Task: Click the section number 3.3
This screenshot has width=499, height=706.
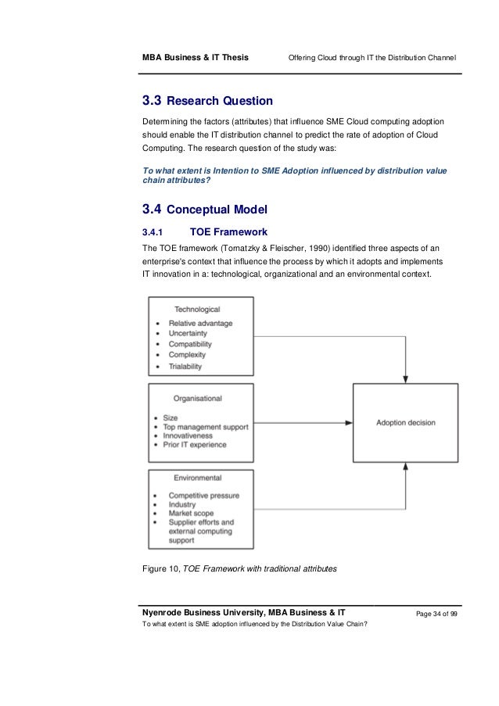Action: point(152,101)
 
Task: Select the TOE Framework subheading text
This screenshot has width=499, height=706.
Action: point(229,232)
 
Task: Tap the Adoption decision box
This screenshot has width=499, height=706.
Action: point(405,423)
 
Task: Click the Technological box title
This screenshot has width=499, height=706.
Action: point(197,310)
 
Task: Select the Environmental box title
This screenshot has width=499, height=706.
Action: point(197,478)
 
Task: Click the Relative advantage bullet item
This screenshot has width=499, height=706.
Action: point(200,323)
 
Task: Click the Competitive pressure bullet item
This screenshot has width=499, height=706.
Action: point(203,496)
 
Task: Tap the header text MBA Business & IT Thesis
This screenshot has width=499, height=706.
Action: point(194,59)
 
